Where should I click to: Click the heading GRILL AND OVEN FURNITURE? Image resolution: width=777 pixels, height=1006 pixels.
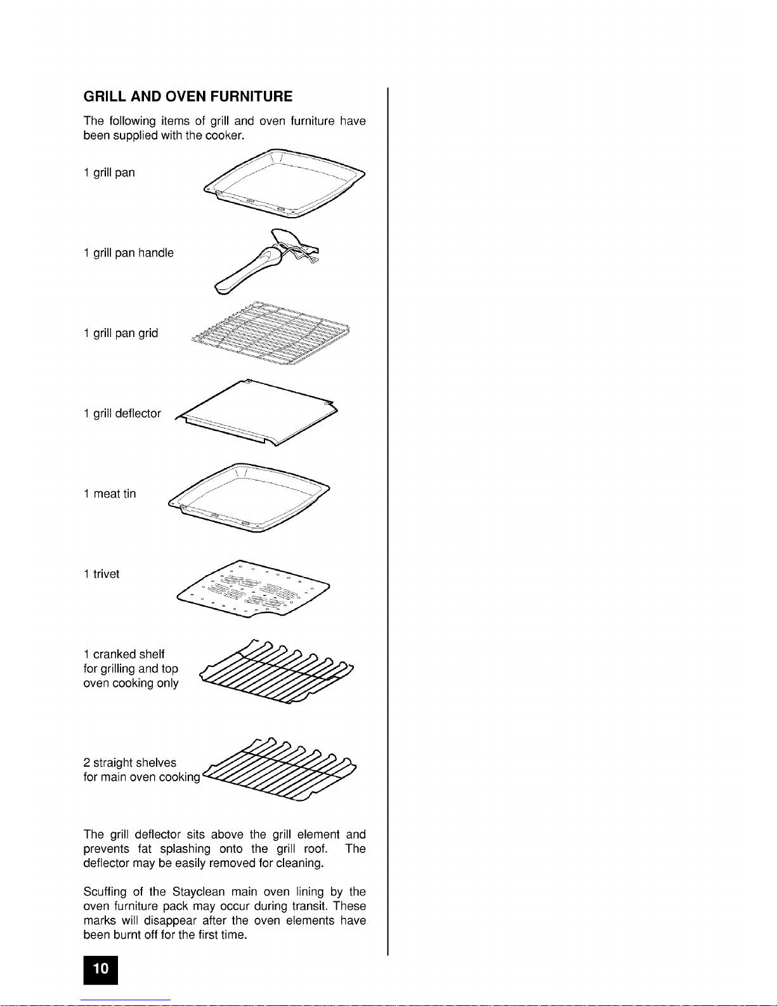(x=188, y=96)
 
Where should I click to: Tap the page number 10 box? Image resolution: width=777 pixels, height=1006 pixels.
(x=101, y=969)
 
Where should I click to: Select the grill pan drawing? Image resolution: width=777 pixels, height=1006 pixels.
(x=285, y=183)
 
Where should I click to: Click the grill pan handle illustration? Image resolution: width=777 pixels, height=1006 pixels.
(x=266, y=260)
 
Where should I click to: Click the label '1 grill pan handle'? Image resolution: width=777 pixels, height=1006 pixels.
(x=128, y=253)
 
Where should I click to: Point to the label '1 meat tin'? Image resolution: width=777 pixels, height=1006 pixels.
(x=109, y=494)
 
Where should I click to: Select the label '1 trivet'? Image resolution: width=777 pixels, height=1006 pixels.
(x=101, y=574)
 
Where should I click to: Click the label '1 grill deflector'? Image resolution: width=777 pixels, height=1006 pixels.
(x=122, y=414)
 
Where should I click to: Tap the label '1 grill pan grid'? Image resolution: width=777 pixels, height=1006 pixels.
(x=121, y=333)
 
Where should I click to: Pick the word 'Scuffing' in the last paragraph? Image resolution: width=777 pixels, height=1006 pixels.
(x=105, y=892)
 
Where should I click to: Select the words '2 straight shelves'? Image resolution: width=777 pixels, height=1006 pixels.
(x=129, y=762)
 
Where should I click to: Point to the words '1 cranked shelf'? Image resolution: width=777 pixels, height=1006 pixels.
(x=124, y=654)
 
